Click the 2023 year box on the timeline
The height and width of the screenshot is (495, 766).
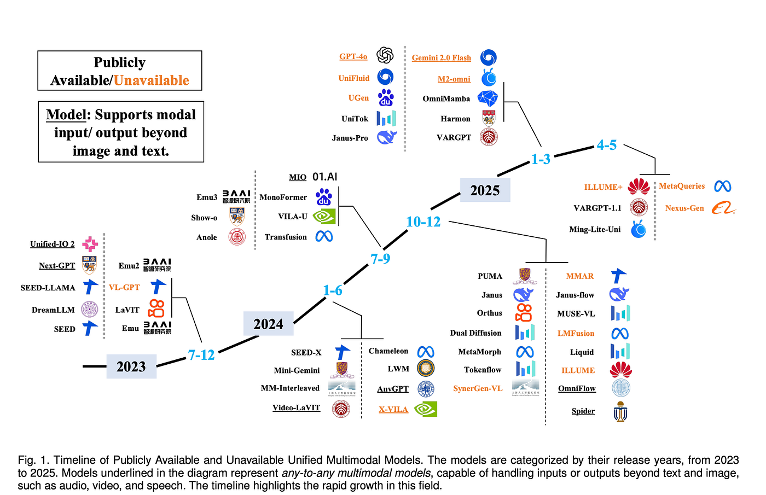coord(131,366)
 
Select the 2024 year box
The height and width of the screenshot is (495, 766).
coord(269,323)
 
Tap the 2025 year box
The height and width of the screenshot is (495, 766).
coord(485,190)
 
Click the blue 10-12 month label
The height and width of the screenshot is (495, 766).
coord(423,222)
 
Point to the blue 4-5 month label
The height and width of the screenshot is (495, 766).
coord(607,145)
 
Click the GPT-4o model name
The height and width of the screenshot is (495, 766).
coord(353,56)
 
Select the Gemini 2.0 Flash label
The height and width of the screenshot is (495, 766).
coord(441,58)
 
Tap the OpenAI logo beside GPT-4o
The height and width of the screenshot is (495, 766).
coord(385,55)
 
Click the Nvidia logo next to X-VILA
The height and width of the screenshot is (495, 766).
coord(426,409)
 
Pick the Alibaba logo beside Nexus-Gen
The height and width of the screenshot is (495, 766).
coord(723,208)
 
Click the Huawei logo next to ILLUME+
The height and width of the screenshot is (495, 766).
coord(639,187)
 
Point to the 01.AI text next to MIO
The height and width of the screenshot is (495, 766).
coord(325,177)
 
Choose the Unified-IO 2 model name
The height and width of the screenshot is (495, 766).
coord(53,244)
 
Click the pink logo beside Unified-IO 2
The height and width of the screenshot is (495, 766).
coord(90,244)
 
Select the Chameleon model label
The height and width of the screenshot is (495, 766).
coord(388,351)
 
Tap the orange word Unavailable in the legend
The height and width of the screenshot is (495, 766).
coord(151,81)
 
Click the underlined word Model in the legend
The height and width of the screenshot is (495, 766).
coord(66,115)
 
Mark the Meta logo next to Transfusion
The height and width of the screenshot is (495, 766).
coord(324,236)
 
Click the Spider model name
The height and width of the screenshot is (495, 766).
coord(583,411)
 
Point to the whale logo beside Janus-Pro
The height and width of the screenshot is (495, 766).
coord(387,137)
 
